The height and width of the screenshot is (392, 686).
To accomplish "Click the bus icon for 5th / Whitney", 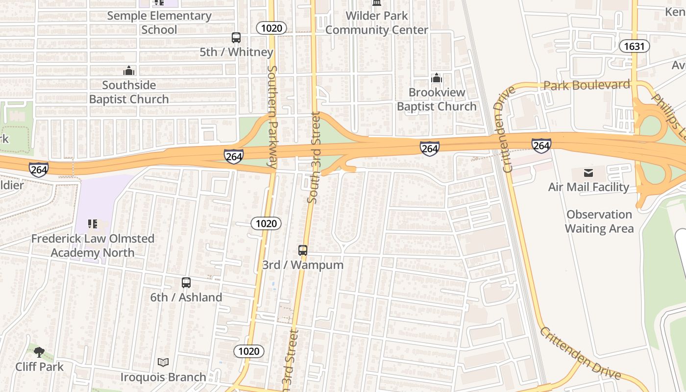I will (x=236, y=37).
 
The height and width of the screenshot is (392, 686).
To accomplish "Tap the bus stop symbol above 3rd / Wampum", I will (x=303, y=250).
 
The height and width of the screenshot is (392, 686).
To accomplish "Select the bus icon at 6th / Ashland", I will (x=186, y=283).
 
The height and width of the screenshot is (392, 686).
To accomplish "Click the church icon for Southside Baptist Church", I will (x=129, y=71).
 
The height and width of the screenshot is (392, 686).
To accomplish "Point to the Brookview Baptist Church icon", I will (x=436, y=78).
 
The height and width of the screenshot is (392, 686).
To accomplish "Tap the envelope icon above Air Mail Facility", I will (x=588, y=172).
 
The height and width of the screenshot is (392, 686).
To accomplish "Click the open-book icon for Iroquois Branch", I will (x=163, y=362).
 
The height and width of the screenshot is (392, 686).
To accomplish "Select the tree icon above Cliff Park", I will (x=39, y=352).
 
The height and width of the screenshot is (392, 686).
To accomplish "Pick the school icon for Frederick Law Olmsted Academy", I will (x=93, y=224).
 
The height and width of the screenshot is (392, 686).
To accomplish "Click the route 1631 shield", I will (x=634, y=47).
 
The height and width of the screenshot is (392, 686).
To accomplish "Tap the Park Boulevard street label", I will (x=587, y=85).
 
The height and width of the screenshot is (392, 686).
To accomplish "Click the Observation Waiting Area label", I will (x=599, y=221).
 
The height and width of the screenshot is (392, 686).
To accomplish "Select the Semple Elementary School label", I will (x=159, y=23).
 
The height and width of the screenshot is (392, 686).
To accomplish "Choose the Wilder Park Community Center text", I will (x=377, y=23).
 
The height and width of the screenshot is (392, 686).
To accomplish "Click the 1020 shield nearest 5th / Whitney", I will (x=271, y=28).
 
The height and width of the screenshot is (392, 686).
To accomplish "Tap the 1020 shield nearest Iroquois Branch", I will (x=249, y=351).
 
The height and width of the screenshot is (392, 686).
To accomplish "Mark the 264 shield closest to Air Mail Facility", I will (x=541, y=146).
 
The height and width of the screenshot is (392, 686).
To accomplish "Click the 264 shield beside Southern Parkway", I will (x=234, y=156).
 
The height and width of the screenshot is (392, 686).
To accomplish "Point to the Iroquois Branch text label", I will (x=163, y=377).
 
